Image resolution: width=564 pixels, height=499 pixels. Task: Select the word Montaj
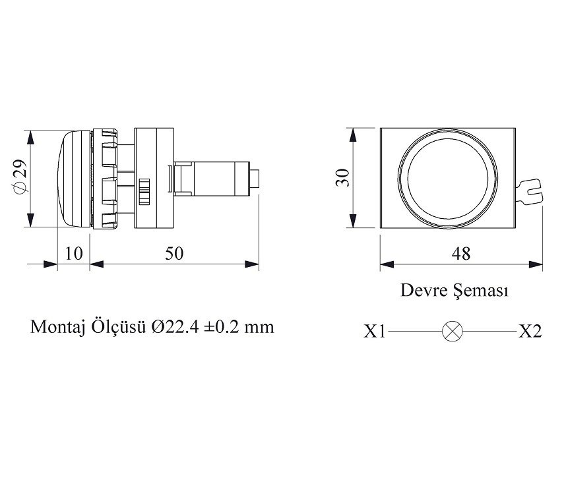[x=55, y=327]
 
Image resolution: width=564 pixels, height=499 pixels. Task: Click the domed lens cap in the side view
[x=70, y=179]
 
